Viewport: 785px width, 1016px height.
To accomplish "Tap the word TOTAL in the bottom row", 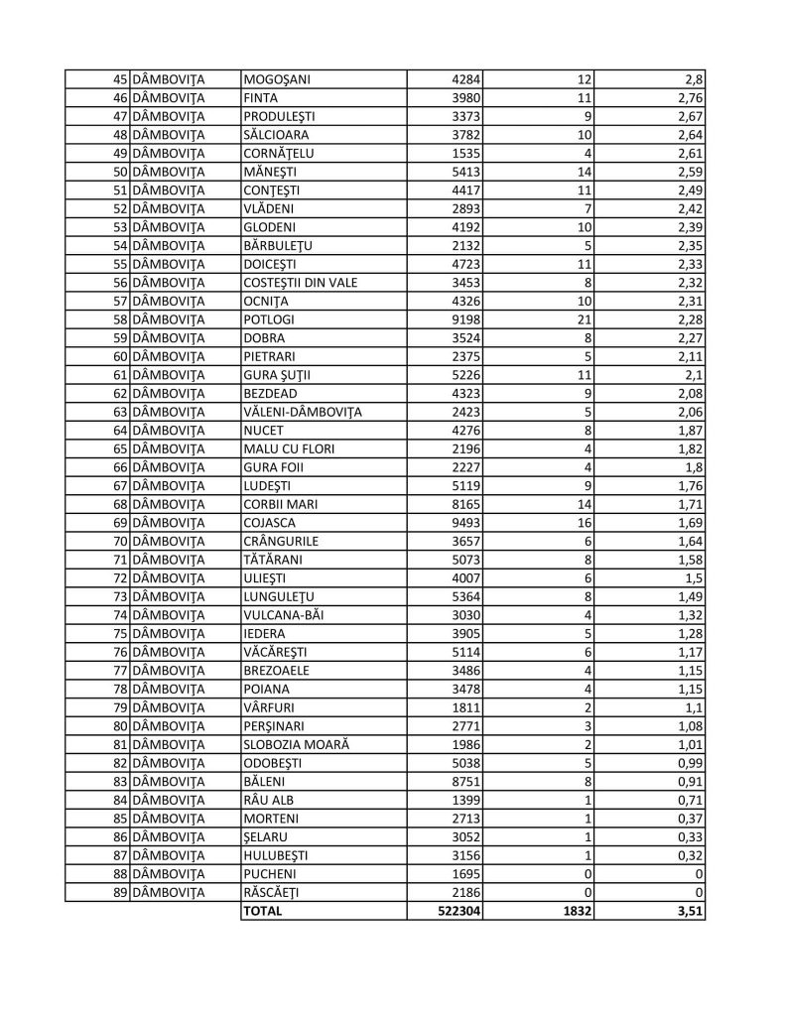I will coord(263,910).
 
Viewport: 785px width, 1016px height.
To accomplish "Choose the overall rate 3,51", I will coord(691,910).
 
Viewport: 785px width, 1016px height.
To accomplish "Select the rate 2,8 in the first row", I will coord(694,78).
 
